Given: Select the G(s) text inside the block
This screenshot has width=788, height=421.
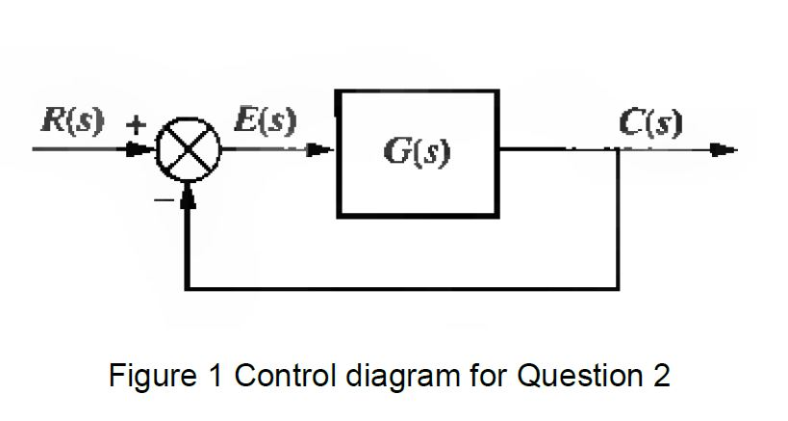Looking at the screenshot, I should [418, 153].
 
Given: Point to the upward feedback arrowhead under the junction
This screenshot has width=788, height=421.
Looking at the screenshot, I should [188, 197].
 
